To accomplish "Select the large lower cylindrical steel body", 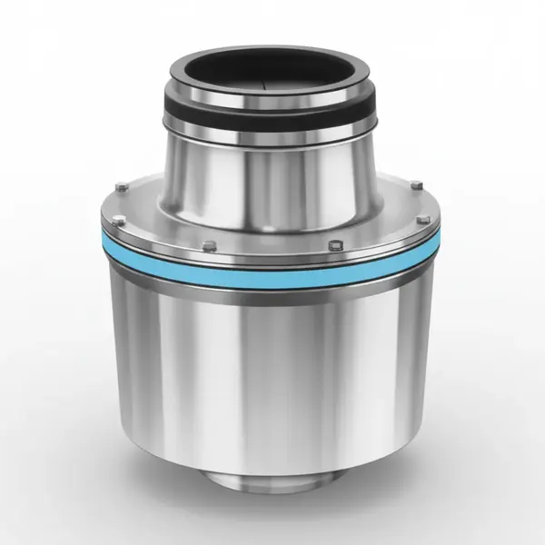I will (x=272, y=363).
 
